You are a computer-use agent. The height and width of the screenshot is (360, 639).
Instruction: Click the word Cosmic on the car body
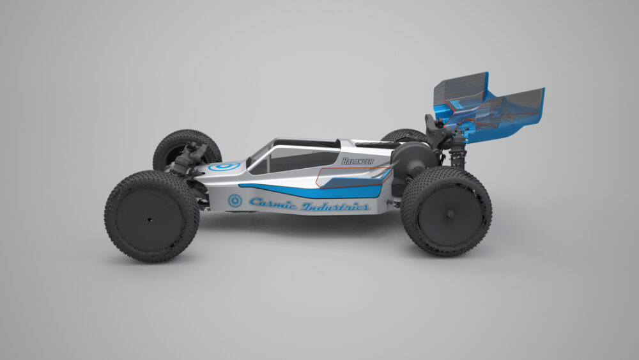pyautogui.click(x=273, y=203)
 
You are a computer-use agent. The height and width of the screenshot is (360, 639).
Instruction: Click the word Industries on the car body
pyautogui.click(x=336, y=207)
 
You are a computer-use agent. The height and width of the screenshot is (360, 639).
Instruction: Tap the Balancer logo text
pyautogui.click(x=357, y=161)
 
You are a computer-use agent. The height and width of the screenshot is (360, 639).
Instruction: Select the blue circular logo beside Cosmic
pyautogui.click(x=235, y=201)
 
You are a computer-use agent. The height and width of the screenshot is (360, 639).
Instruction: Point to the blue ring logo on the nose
pyautogui.click(x=224, y=166)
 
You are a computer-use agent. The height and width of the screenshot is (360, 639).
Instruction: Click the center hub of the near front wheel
pyautogui.click(x=150, y=220)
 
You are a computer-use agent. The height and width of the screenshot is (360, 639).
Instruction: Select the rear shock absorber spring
pyautogui.click(x=458, y=156)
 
